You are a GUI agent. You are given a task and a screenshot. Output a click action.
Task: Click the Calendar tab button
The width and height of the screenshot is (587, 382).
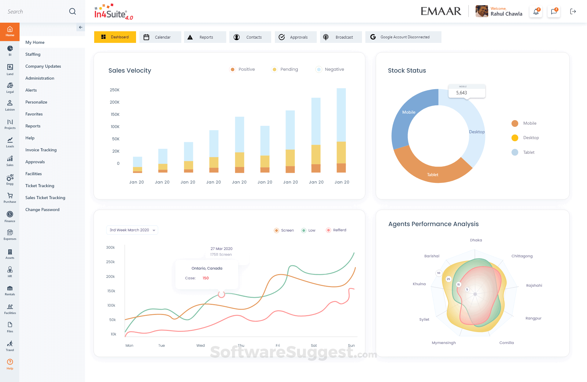[x=160, y=37]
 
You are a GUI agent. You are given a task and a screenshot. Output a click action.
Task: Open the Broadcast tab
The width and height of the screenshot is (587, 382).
[x=341, y=37]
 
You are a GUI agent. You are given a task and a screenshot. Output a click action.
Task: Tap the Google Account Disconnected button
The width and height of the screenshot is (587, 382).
[x=403, y=37]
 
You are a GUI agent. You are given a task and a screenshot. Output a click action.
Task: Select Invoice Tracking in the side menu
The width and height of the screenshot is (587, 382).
[x=41, y=150]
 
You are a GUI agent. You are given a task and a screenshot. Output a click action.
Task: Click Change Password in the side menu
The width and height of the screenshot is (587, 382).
[x=42, y=210]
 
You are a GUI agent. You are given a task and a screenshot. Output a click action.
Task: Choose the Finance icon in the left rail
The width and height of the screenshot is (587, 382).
[x=10, y=216]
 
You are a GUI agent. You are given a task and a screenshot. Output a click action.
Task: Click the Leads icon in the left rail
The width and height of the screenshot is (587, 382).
[x=10, y=142]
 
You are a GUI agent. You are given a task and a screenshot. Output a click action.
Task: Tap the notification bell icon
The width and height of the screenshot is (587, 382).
[x=536, y=12]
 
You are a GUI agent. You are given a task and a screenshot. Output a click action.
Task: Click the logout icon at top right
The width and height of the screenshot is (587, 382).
[x=573, y=12]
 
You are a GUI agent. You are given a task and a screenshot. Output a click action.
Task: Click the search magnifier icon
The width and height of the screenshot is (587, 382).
[x=72, y=12]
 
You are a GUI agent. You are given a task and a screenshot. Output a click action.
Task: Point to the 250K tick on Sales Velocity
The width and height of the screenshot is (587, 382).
[x=115, y=90]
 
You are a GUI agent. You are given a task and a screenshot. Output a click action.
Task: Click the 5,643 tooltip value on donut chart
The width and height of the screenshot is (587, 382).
[x=461, y=93]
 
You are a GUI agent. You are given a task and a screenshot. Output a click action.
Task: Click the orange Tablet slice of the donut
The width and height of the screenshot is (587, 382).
[x=432, y=173]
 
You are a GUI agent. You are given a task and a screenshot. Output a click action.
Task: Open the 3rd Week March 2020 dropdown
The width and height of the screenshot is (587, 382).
[x=132, y=230]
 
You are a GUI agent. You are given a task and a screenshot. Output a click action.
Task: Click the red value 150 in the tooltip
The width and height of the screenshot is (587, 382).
[x=205, y=278]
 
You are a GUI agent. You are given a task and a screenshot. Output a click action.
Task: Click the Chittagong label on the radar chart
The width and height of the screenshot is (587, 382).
[x=522, y=256]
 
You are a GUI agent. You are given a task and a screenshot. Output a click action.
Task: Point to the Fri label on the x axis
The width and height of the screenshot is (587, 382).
[x=278, y=346]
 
